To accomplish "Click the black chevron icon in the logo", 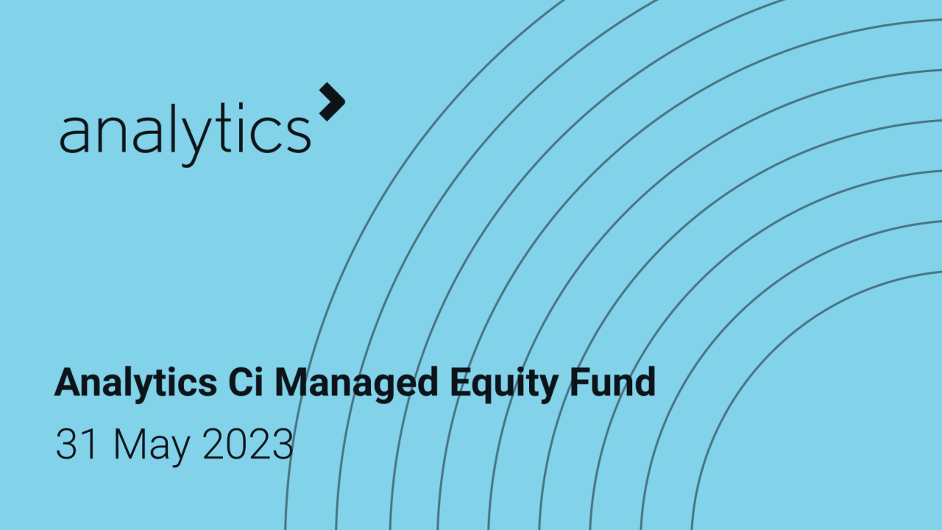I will [x=332, y=102].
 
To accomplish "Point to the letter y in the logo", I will [x=187, y=140].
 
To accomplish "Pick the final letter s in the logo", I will [x=299, y=134].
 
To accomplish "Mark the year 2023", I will [x=247, y=444].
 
